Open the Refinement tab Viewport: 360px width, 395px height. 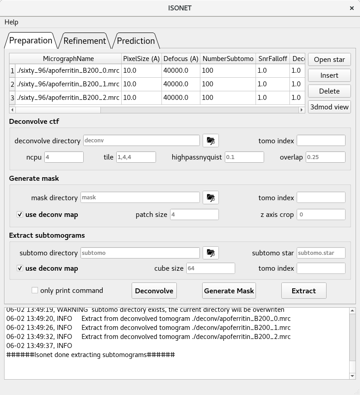point(85,41)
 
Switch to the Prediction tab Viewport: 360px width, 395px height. point(136,41)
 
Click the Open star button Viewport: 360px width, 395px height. point(329,60)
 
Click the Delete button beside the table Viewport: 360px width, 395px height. point(329,91)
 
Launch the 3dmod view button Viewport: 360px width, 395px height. point(329,107)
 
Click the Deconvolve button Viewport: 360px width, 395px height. point(154,291)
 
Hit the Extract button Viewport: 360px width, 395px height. point(303,291)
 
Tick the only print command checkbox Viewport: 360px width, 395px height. point(35,290)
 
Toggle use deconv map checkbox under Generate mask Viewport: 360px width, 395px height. point(20,214)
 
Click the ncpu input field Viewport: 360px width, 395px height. point(64,157)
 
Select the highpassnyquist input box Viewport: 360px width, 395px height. point(244,157)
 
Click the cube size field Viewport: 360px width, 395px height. point(211,268)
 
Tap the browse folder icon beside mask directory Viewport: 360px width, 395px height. point(210,197)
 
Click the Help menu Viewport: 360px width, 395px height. point(11,22)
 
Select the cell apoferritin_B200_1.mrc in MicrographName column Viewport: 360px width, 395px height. point(68,84)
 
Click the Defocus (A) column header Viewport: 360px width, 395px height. point(181,59)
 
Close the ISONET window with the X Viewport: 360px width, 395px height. point(352,8)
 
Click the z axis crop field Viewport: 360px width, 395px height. point(321,214)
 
